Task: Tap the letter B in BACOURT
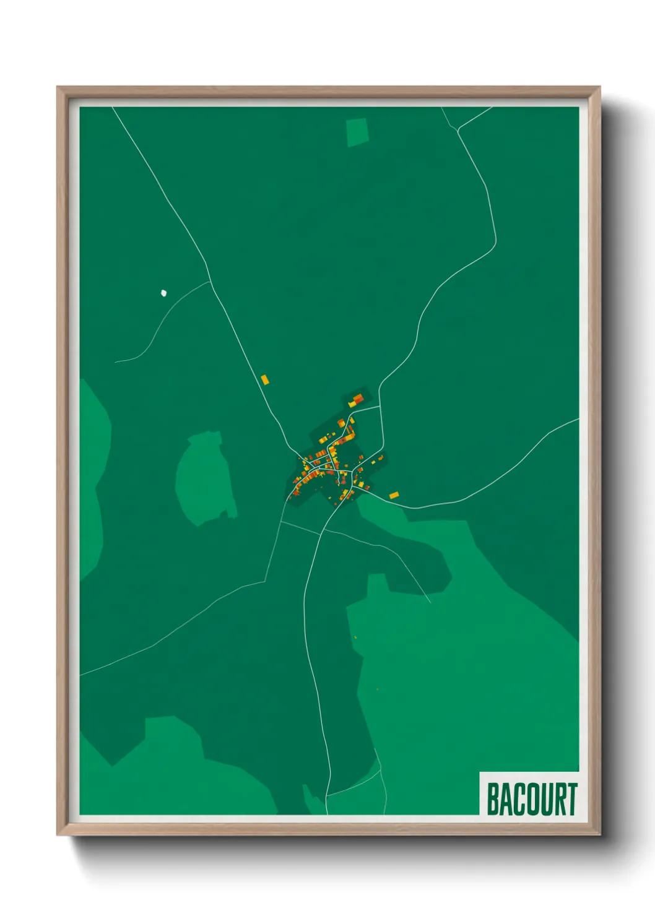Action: click(494, 799)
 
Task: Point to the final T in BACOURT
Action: click(571, 799)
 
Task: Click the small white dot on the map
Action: click(163, 293)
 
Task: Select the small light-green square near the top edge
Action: click(357, 132)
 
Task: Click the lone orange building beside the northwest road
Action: click(264, 379)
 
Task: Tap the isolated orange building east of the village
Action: click(394, 495)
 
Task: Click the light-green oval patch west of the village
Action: click(204, 478)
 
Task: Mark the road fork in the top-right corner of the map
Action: click(458, 129)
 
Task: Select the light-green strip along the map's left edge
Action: click(92, 477)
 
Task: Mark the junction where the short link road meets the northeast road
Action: click(380, 407)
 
